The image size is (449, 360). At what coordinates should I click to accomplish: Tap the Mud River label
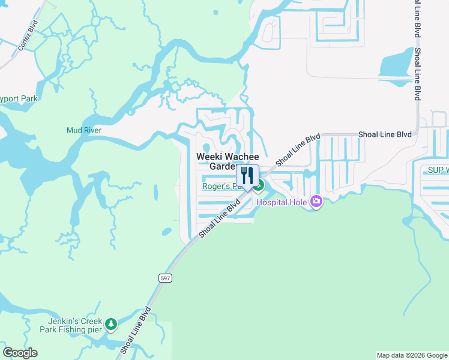83,130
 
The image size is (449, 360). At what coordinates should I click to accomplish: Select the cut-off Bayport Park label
18,98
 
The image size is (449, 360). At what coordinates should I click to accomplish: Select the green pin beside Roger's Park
259,187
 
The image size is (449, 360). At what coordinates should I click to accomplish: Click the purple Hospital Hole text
282,203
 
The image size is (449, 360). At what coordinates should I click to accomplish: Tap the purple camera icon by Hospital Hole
316,202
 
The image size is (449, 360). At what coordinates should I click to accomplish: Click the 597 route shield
165,278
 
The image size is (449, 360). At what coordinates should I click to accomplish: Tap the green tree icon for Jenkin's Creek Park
110,325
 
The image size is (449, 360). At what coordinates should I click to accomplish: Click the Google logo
20,352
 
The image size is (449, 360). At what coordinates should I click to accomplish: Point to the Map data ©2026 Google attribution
412,355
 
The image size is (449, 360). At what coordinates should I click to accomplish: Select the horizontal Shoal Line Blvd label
385,134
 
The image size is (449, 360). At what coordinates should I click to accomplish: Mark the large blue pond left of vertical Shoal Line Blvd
394,62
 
